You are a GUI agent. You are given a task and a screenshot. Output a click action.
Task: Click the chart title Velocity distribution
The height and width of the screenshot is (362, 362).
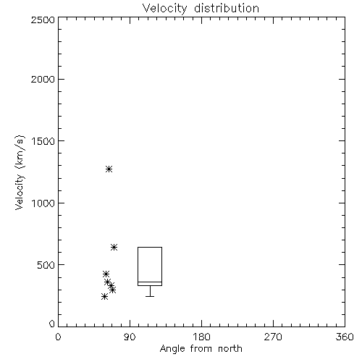click(201, 8)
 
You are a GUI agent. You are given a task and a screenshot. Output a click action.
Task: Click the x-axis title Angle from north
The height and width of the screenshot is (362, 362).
click(201, 349)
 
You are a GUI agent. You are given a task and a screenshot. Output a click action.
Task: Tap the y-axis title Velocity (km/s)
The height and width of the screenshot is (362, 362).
click(20, 172)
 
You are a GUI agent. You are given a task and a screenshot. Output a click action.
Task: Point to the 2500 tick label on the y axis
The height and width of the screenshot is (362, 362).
click(43, 20)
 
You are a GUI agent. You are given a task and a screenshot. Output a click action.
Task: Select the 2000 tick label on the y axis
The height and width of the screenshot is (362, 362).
click(43, 79)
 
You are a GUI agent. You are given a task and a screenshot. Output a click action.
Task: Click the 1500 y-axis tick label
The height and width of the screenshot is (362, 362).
click(43, 141)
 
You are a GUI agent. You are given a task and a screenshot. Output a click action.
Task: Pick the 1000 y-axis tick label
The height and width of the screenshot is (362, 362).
click(43, 203)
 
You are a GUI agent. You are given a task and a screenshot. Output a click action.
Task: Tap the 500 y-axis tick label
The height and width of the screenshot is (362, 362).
click(46, 265)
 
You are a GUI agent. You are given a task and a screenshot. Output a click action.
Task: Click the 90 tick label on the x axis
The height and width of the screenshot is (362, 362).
click(130, 337)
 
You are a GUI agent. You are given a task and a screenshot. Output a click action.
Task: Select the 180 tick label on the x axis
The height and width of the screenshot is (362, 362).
click(201, 337)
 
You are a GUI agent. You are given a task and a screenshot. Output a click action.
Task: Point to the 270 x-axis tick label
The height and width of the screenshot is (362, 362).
click(273, 337)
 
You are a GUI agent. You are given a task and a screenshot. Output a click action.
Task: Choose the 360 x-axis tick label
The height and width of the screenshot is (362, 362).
click(345, 337)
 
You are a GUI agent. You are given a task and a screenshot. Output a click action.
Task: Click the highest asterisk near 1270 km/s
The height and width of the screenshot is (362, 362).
click(109, 169)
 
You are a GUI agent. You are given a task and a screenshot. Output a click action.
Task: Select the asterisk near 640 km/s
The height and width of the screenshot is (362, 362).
click(114, 247)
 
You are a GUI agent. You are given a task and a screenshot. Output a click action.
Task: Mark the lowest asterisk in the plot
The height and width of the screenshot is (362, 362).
click(104, 296)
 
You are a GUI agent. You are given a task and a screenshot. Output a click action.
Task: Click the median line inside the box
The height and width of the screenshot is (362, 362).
click(150, 282)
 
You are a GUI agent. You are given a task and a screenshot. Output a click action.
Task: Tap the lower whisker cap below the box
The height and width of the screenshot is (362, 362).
click(150, 296)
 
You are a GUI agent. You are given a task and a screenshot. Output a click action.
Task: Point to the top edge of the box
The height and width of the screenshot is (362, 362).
click(150, 247)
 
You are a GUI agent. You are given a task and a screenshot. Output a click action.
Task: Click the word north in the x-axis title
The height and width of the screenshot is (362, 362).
click(230, 349)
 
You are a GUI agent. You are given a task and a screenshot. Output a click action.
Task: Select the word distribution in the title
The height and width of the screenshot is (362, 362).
click(227, 8)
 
